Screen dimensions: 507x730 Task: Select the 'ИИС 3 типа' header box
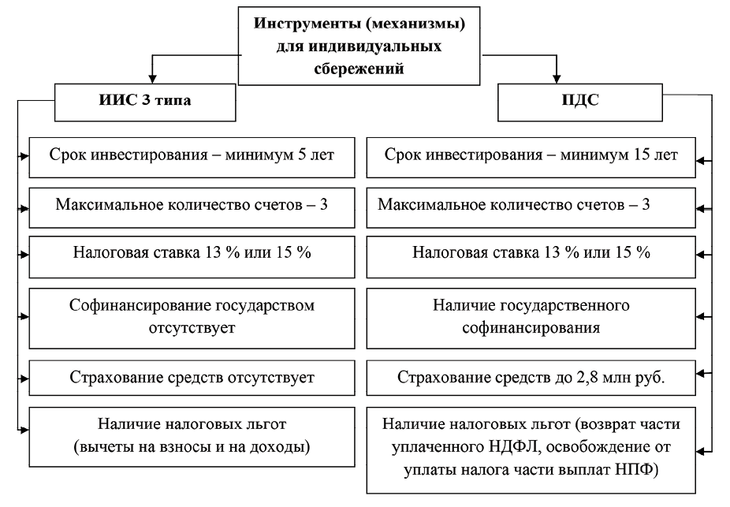[146, 102]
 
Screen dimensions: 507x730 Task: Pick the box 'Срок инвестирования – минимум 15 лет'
[531, 155]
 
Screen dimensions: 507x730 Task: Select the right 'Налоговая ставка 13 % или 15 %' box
[531, 255]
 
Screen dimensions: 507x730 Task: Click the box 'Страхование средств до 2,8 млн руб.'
[531, 378]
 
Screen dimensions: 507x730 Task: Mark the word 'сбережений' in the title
[359, 68]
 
